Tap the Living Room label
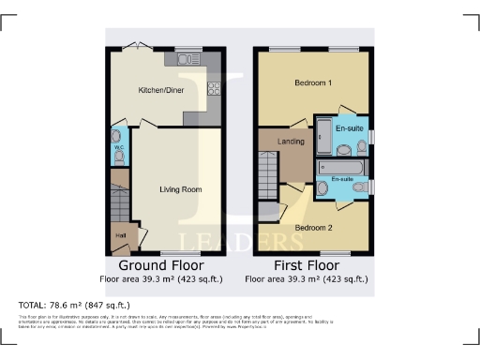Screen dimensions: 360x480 click(180, 189)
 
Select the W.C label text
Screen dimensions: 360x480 click(118, 146)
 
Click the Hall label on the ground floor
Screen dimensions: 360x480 click(120, 235)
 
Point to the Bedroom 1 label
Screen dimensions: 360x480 click(313, 83)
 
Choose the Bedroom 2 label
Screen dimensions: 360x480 click(313, 228)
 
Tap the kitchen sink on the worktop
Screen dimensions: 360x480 click(178, 59)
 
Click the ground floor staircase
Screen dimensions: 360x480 click(118, 202)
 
